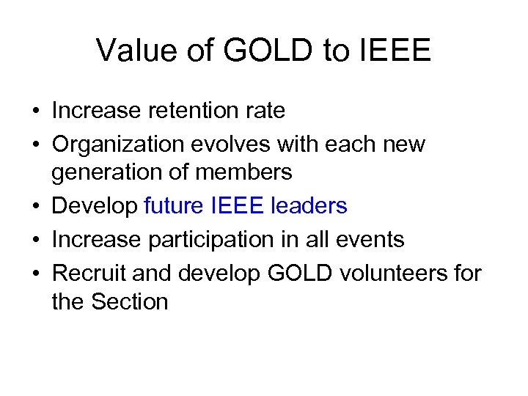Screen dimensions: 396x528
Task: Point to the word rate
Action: pos(263,111)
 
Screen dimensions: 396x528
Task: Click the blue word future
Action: pos(174,206)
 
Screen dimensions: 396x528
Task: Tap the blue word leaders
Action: pos(309,206)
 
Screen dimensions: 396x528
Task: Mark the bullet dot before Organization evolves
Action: pos(35,144)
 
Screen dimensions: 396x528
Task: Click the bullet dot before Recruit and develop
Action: pos(35,273)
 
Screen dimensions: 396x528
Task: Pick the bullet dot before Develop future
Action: pos(35,207)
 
